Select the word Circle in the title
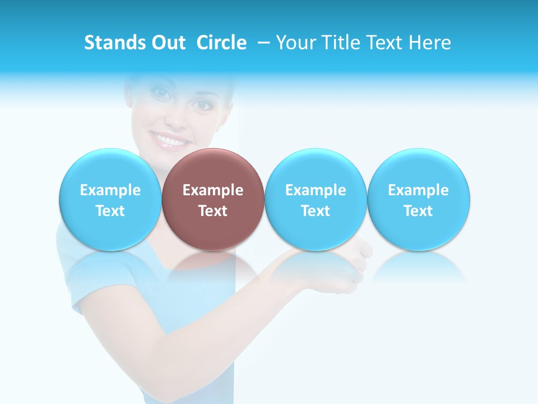221,43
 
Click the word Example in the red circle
213,190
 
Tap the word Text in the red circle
213,211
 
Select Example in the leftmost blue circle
110,190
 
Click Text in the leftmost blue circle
110,211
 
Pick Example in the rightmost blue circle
418,190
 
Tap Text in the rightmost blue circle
418,211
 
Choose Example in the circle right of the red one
316,190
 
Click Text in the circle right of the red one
316,211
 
